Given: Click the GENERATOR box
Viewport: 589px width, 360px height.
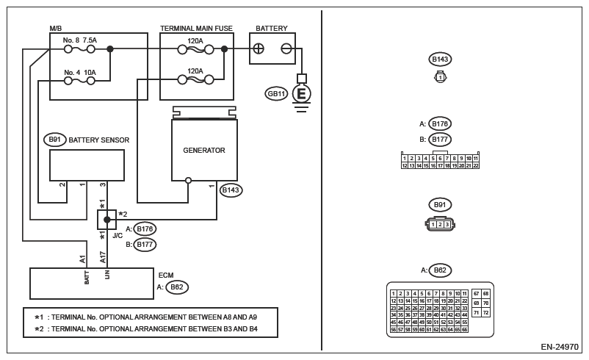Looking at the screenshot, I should [x=204, y=150].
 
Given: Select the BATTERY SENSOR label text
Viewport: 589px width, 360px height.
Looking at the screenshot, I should [x=99, y=140].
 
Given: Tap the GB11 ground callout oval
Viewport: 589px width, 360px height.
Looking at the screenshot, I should [x=277, y=93].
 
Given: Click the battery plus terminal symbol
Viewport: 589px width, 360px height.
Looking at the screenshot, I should [x=259, y=48].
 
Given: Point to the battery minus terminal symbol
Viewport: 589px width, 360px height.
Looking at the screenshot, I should [x=286, y=48].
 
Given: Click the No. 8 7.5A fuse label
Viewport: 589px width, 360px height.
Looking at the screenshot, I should [x=80, y=40].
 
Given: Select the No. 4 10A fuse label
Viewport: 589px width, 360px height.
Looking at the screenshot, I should [x=80, y=72].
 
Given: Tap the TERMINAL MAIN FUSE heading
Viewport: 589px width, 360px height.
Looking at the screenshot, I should [x=196, y=29].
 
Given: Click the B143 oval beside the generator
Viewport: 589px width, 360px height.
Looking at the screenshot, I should [x=231, y=190].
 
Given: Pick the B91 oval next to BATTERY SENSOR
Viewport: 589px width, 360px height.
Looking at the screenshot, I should [x=55, y=140].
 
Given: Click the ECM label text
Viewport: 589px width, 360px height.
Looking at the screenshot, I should [x=166, y=275].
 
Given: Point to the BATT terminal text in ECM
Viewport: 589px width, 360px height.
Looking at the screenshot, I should [x=87, y=277].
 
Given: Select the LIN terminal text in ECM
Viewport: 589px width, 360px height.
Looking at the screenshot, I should [x=107, y=276].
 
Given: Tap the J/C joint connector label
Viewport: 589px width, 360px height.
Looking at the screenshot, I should [x=118, y=236].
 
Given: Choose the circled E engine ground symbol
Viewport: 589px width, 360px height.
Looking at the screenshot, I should [x=301, y=93].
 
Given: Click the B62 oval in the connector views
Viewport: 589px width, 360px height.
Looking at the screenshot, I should [x=440, y=270].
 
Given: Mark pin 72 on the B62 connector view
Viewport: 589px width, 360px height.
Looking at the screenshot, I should [x=485, y=312].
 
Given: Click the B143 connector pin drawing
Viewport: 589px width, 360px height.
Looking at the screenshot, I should [x=440, y=76].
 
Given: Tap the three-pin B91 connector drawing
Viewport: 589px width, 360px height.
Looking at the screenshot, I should [x=440, y=224].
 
